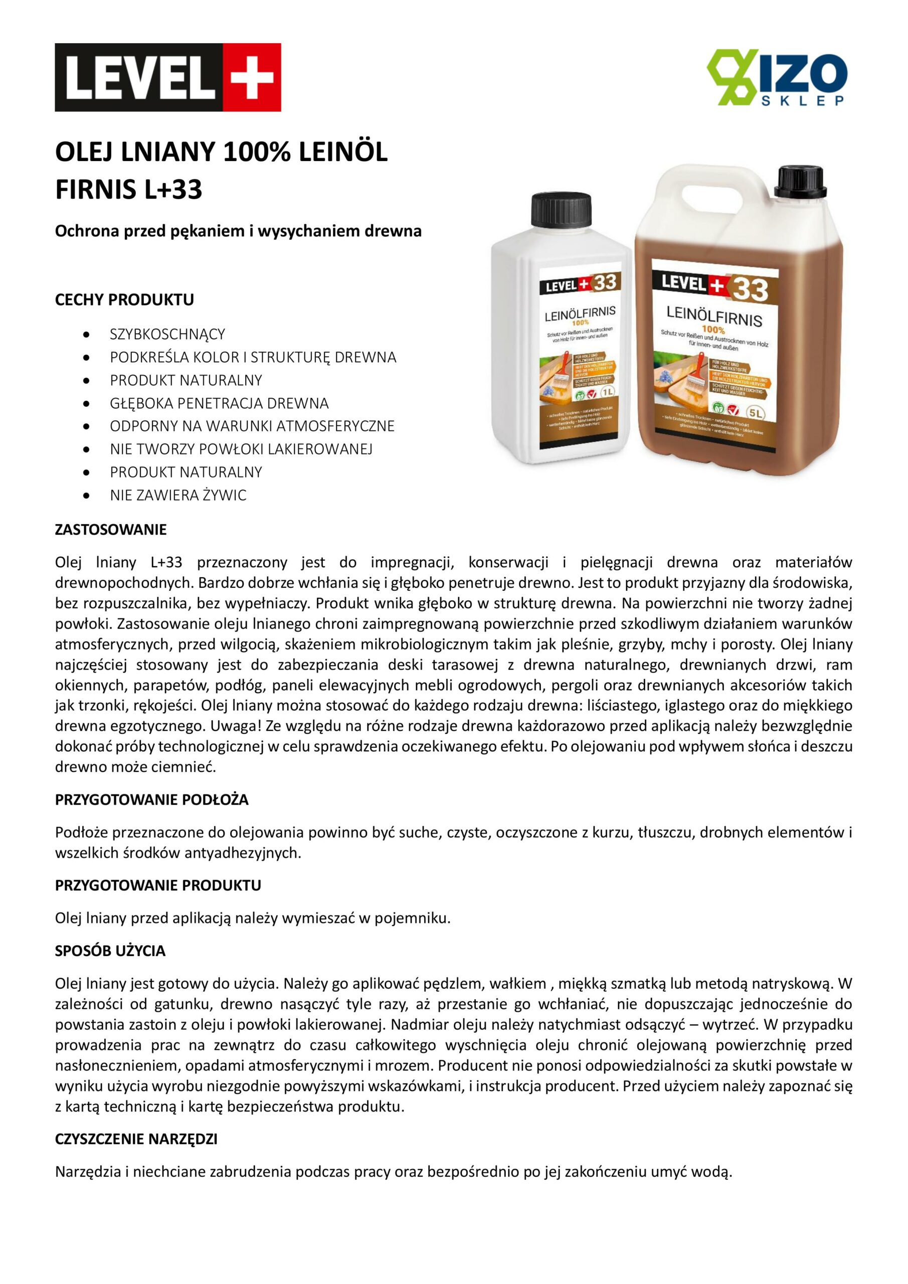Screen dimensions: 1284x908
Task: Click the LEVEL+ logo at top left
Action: click(168, 77)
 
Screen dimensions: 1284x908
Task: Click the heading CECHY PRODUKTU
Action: click(124, 300)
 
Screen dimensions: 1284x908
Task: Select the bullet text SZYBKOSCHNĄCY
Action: click(167, 335)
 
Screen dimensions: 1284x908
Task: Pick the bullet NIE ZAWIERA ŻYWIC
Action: click(178, 495)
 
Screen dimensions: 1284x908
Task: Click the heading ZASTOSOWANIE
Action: click(111, 529)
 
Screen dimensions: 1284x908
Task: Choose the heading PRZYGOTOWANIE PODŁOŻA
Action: click(151, 799)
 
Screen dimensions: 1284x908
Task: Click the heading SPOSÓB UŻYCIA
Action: click(110, 950)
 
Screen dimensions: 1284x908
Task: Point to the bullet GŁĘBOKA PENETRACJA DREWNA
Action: click(219, 403)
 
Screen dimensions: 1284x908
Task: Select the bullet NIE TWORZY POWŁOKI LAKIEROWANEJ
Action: click(241, 449)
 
